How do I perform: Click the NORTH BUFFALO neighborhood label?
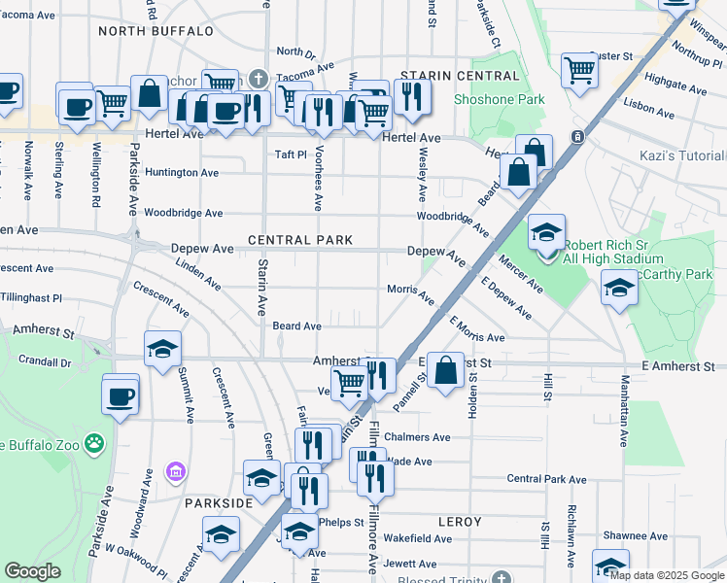click(x=156, y=31)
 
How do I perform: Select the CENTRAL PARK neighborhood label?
click(x=298, y=240)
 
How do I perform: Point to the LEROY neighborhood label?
click(x=460, y=522)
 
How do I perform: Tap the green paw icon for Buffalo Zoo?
click(x=93, y=443)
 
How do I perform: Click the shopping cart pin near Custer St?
click(x=579, y=69)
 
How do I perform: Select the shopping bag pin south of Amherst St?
click(x=445, y=371)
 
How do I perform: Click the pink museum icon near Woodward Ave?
click(x=175, y=472)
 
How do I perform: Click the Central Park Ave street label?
click(x=550, y=478)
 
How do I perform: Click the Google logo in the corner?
click(x=32, y=571)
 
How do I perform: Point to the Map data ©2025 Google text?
click(x=666, y=575)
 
